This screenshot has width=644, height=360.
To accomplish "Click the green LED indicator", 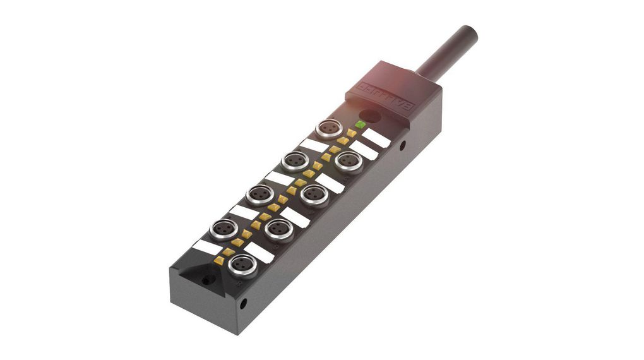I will pos(361,124).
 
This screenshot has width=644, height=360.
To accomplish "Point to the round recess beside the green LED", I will pos(373,116).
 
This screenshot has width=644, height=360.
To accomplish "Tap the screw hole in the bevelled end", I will pos(205,277).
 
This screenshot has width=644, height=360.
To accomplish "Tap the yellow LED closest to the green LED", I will pos(351,133).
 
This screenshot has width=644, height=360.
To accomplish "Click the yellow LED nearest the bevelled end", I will pos(219,260).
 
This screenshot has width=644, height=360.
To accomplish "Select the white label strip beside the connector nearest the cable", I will pos(313,145).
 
